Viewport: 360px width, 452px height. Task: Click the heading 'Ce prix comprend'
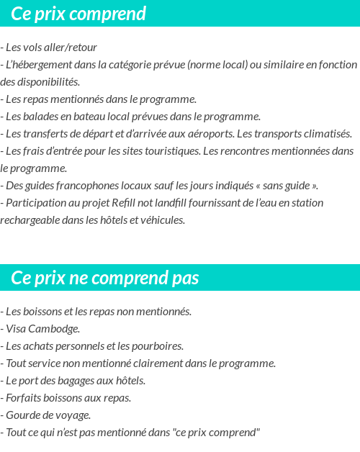[x=78, y=14]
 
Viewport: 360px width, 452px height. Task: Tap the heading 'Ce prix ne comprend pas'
[x=105, y=278]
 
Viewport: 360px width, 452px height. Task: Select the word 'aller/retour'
[x=71, y=48]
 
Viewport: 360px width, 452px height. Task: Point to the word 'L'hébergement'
[x=38, y=65]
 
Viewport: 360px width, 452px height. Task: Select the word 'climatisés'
[x=326, y=134]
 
